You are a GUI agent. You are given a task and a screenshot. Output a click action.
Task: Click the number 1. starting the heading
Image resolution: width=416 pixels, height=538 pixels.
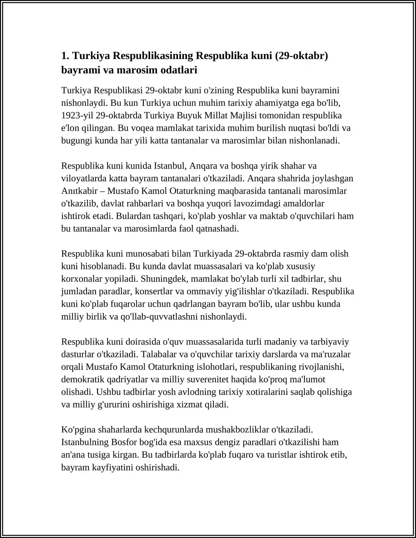(65, 56)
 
